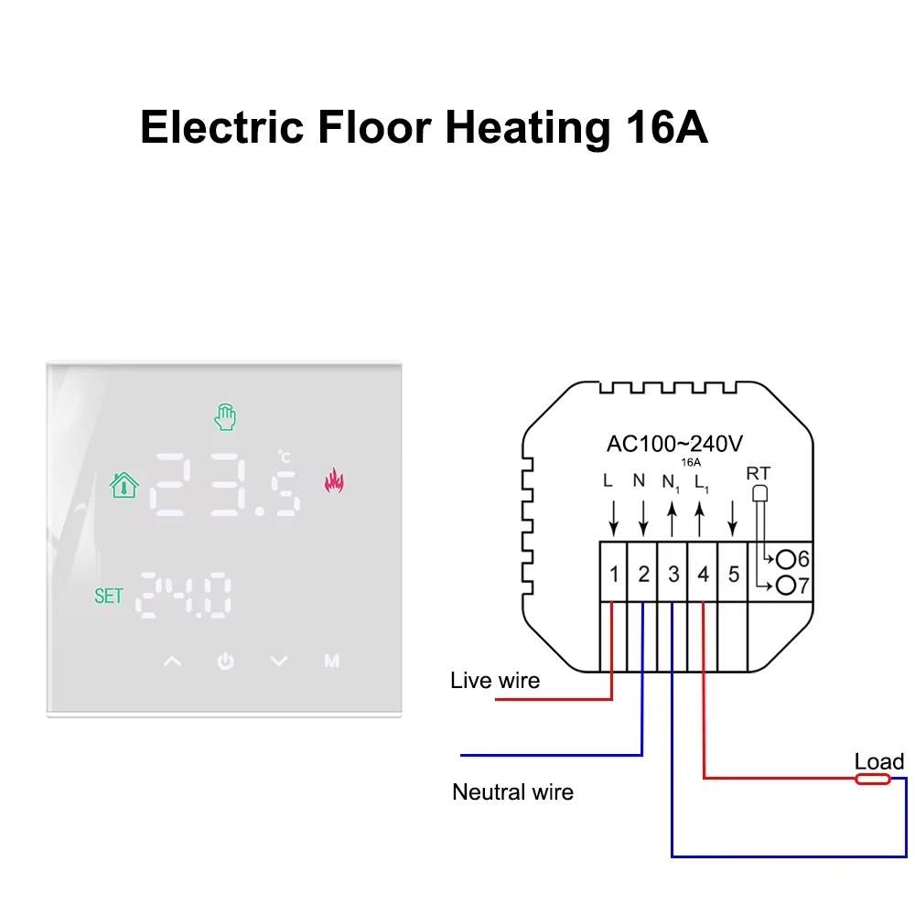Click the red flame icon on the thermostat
tap(334, 480)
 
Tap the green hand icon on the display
tap(225, 417)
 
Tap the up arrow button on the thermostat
tap(172, 661)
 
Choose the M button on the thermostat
tap(331, 661)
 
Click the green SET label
tap(108, 596)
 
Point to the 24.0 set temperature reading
tap(184, 596)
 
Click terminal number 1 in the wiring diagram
tap(614, 575)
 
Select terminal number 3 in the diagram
tap(673, 575)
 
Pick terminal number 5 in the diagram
tap(733, 575)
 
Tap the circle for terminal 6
tap(785, 558)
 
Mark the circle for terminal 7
tap(785, 586)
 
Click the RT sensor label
tap(758, 473)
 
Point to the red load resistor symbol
tap(872, 779)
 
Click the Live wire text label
tap(495, 681)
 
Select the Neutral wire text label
tap(512, 792)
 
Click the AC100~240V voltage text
tap(674, 444)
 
